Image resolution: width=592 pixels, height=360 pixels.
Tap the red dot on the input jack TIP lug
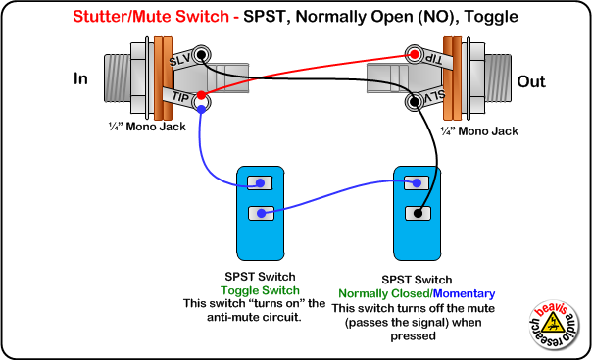pos(202,98)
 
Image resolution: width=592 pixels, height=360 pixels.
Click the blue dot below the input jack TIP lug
pos(200,110)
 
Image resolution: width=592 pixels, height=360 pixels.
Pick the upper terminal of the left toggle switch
pos(261,182)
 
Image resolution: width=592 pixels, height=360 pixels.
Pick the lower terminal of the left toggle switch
pos(261,212)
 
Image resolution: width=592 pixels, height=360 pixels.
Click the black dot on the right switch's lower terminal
pos(419,212)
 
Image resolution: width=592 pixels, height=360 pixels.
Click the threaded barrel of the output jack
pos(497,74)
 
